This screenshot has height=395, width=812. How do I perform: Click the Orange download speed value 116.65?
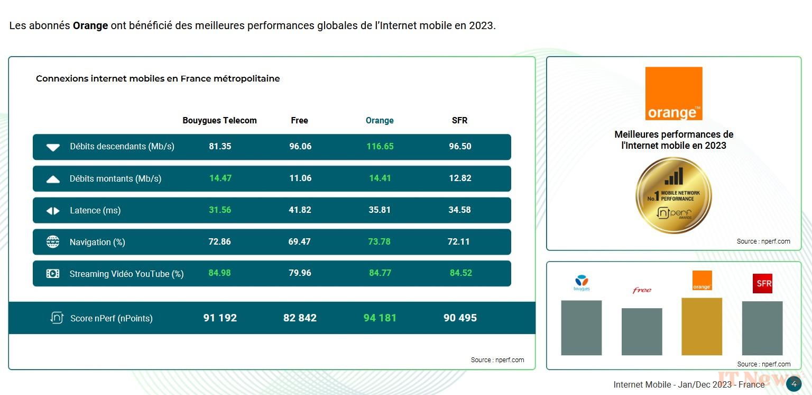point(380,147)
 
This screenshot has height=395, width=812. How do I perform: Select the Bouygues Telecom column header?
point(219,121)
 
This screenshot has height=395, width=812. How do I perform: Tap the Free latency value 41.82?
point(300,210)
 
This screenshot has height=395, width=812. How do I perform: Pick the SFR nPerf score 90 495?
point(460,318)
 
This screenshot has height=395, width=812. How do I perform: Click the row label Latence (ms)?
point(95,211)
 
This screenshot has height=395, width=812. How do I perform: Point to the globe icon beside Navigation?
point(53,242)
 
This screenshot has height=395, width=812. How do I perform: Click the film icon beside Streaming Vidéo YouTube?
point(53,274)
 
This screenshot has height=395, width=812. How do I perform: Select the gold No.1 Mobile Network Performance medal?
point(673,195)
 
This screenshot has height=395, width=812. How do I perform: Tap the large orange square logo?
point(673,94)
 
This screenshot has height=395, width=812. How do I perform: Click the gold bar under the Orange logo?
point(702,326)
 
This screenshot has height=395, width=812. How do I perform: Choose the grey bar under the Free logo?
point(641,331)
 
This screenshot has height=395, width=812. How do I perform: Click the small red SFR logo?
point(762,283)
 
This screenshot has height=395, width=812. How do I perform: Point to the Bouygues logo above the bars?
point(581,283)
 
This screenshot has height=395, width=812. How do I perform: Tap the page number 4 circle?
point(793,384)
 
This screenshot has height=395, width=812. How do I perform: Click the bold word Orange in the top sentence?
point(90,26)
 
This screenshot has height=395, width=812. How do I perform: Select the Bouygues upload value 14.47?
point(220,178)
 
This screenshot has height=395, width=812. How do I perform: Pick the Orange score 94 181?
point(380,318)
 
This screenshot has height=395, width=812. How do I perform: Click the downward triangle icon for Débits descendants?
point(53,147)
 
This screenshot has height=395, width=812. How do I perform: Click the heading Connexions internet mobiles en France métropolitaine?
point(158,79)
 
